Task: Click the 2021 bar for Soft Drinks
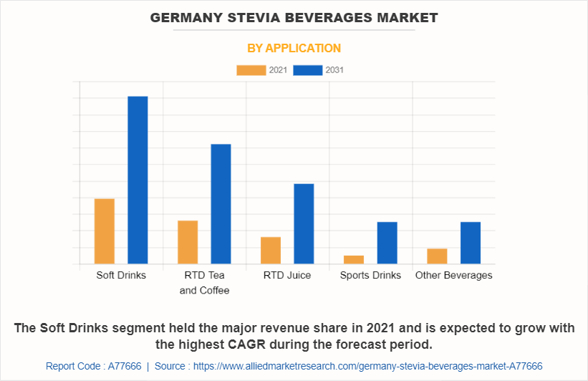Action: (105, 231)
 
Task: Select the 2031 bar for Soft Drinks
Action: (138, 180)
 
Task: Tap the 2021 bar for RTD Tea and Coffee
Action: (188, 242)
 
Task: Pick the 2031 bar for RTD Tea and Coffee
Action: (221, 204)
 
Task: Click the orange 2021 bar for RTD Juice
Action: (271, 250)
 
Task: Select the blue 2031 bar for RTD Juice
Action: (304, 223)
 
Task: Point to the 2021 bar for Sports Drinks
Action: (354, 259)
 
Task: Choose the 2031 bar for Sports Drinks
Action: (387, 243)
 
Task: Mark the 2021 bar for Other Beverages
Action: (437, 256)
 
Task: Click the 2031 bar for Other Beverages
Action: (470, 243)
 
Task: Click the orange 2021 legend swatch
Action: (251, 70)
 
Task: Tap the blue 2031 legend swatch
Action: (308, 70)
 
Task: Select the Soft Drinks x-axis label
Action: (121, 276)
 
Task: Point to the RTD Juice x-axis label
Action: (287, 276)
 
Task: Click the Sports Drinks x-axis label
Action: (370, 276)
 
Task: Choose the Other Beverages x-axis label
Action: (453, 276)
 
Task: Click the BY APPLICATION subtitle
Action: (294, 49)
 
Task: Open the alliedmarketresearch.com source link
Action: (366, 366)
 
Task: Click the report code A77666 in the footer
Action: (125, 366)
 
